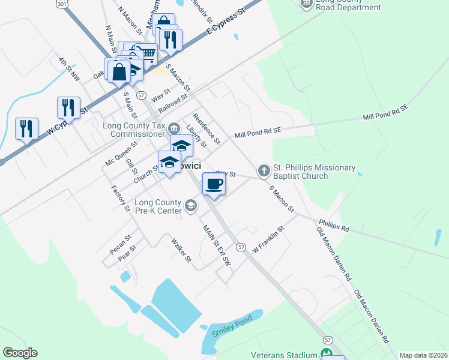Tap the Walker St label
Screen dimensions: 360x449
(x=181, y=251)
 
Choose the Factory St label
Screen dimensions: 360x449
(x=121, y=199)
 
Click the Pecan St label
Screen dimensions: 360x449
(x=120, y=245)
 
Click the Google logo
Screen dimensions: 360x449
(x=20, y=353)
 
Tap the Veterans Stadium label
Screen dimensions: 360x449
(x=285, y=355)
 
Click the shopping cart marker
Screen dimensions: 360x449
(x=146, y=55)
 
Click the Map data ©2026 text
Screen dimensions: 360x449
(x=423, y=355)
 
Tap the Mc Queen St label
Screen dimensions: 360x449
(x=121, y=154)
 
